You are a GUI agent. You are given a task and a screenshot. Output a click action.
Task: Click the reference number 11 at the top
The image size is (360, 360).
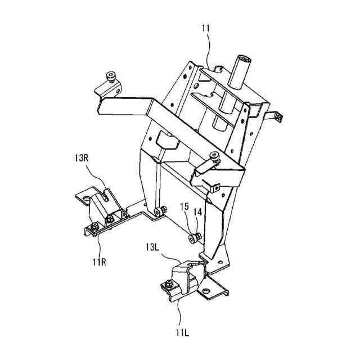coord(205,26)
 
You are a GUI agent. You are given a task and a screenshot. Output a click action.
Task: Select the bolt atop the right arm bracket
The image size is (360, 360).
coord(215,156)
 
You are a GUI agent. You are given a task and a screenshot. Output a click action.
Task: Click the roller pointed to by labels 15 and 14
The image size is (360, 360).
coord(193,238)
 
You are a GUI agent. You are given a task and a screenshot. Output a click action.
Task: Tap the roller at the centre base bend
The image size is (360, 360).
coord(160,211)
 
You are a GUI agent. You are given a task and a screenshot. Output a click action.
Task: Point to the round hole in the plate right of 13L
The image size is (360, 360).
coord(206,291)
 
